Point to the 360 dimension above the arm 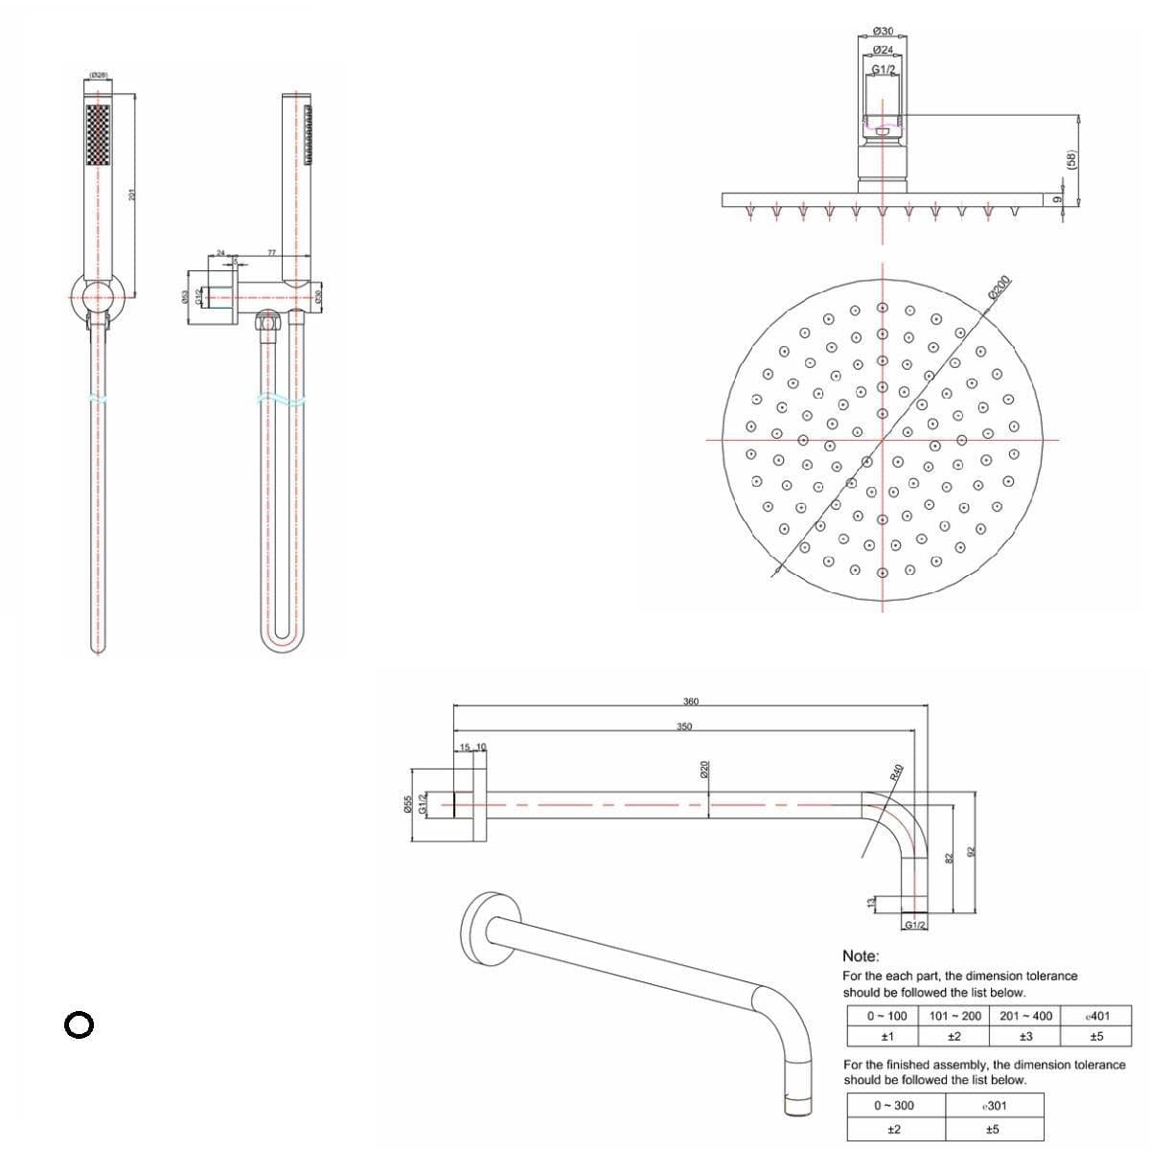point(690,701)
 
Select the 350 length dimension point(683,726)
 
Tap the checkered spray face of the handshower point(98,135)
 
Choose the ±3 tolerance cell point(1025,1036)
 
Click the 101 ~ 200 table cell point(955,1016)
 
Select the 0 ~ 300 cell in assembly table point(893,1105)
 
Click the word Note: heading point(861,955)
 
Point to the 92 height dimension point(970,851)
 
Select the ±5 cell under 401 point(1096,1036)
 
